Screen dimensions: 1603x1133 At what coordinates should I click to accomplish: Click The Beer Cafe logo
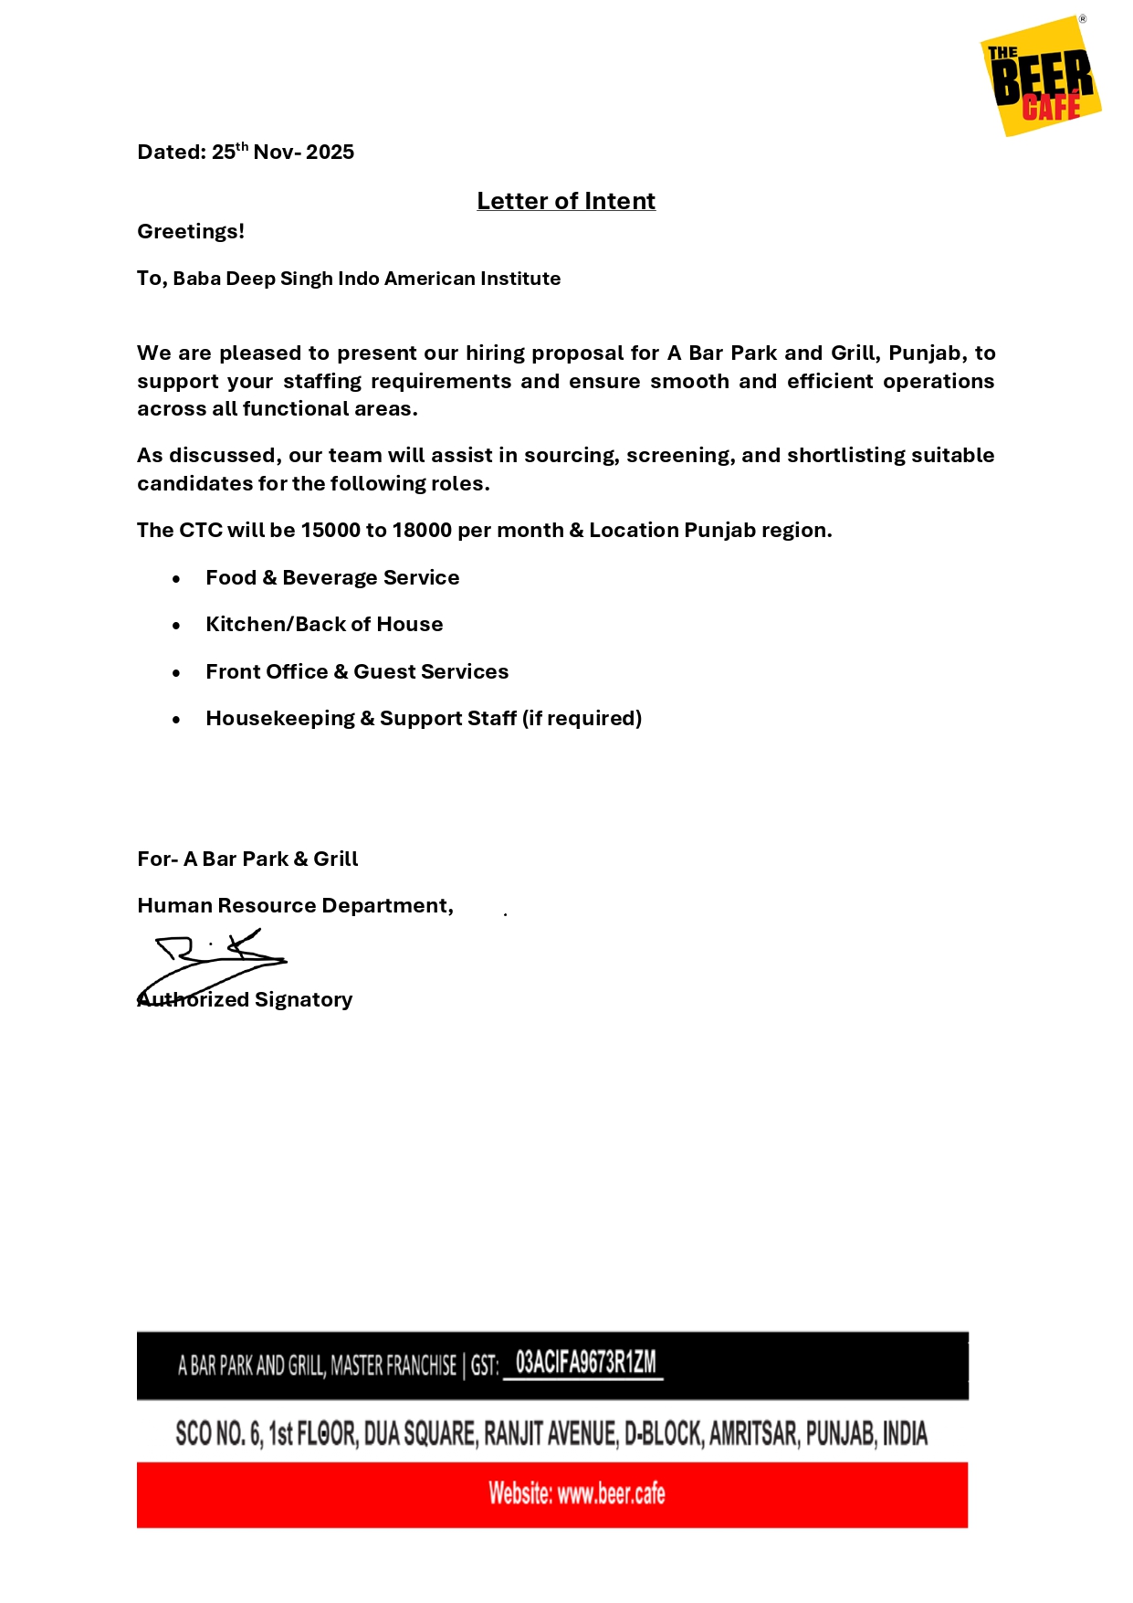pyautogui.click(x=1041, y=77)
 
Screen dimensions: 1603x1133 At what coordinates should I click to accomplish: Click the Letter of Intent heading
pyautogui.click(x=566, y=201)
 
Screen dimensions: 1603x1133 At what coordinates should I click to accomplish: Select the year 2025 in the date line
pyautogui.click(x=330, y=153)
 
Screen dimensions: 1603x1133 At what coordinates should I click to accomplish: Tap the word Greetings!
pyautogui.click(x=191, y=232)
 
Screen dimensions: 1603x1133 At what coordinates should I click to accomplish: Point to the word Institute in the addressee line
pyautogui.click(x=520, y=279)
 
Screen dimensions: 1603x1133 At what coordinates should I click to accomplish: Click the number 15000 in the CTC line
pyautogui.click(x=330, y=531)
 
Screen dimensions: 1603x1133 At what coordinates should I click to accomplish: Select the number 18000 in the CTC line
pyautogui.click(x=422, y=531)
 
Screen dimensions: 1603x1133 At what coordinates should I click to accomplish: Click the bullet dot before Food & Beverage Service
pyautogui.click(x=176, y=579)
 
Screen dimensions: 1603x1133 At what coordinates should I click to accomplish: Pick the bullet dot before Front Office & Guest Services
pyautogui.click(x=176, y=673)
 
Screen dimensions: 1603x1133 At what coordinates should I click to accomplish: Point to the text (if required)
pyautogui.click(x=582, y=719)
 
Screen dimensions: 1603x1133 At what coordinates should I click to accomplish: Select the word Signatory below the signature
pyautogui.click(x=303, y=1000)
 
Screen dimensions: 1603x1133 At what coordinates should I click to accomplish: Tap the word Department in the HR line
pyautogui.click(x=386, y=906)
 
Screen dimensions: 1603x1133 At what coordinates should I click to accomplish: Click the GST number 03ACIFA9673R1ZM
pyautogui.click(x=585, y=1363)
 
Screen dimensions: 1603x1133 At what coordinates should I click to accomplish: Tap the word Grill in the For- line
pyautogui.click(x=335, y=860)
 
